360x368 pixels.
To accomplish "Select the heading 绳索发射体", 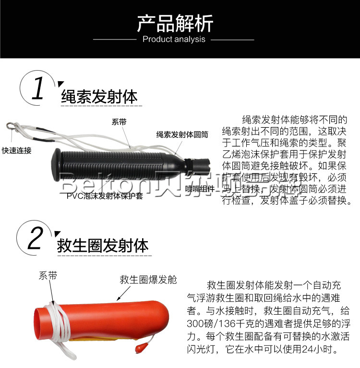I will (x=99, y=97).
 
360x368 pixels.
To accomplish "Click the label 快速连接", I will (x=16, y=150).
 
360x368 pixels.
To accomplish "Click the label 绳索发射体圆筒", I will (x=182, y=135).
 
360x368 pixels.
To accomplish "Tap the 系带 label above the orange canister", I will (x=48, y=276).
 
